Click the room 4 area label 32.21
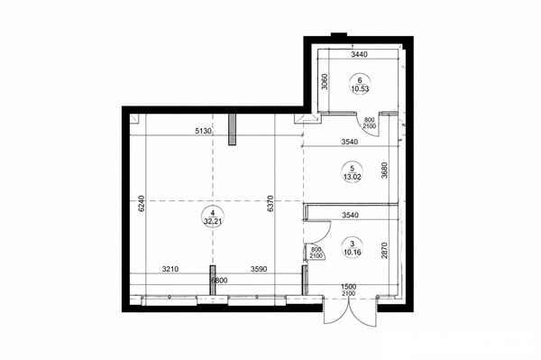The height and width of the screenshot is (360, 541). (212, 222)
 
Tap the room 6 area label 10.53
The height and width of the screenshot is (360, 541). (360, 88)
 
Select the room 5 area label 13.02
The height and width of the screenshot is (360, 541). (352, 177)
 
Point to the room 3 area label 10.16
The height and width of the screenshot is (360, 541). (353, 253)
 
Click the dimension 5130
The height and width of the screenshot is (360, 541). (204, 131)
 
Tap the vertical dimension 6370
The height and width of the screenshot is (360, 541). (270, 204)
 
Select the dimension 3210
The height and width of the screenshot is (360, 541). (170, 269)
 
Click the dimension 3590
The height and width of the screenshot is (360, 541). (259, 269)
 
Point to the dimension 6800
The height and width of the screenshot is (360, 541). (219, 281)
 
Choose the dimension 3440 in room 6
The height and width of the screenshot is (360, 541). (359, 54)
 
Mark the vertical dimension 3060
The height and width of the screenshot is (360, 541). (324, 81)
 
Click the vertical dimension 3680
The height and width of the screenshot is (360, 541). (384, 171)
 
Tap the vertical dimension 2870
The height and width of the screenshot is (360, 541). (384, 251)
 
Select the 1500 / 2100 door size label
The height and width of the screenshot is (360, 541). (348, 290)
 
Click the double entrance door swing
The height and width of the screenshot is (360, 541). (350, 311)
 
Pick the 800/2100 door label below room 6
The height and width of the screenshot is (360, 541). (369, 124)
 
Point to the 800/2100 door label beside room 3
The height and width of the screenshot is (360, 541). (316, 253)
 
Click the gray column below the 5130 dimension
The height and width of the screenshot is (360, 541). (233, 129)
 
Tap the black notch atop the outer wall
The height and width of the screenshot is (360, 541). (339, 34)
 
